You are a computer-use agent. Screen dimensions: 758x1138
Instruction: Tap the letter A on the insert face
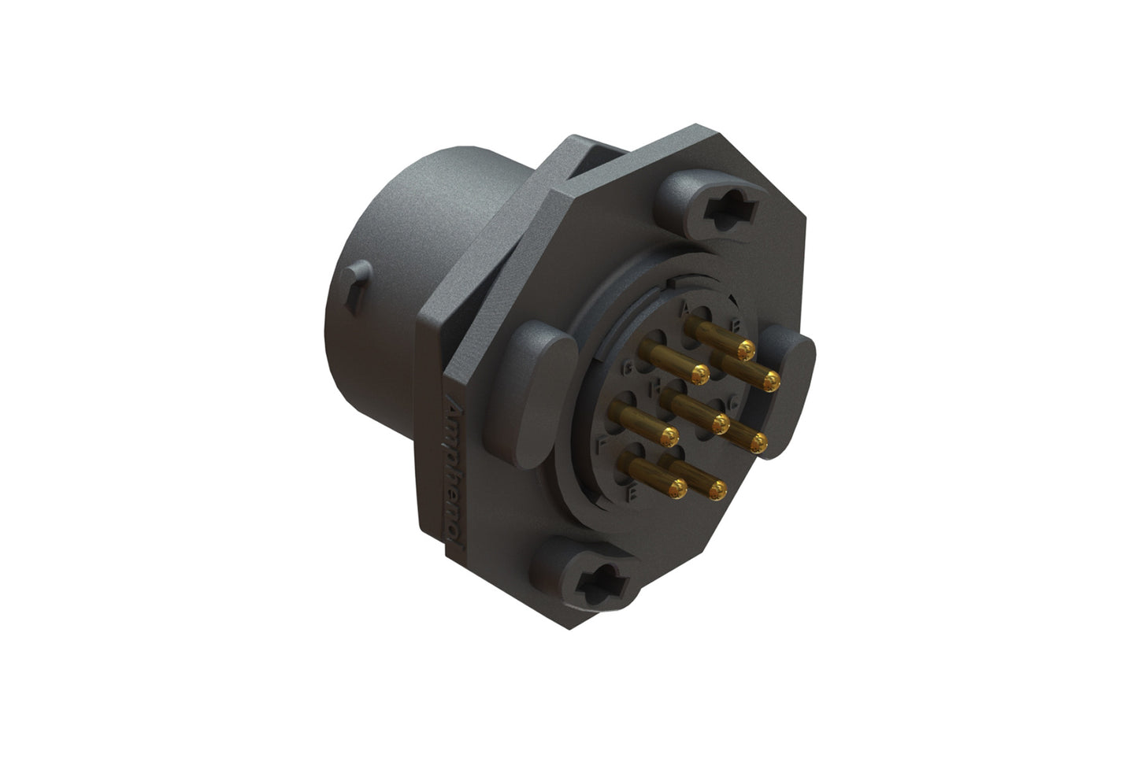click(684, 308)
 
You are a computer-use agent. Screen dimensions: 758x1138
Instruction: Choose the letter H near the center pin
click(654, 388)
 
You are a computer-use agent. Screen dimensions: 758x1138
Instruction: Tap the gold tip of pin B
click(772, 382)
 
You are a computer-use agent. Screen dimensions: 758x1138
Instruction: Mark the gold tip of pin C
click(759, 443)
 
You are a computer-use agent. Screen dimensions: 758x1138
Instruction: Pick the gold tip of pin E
click(677, 490)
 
